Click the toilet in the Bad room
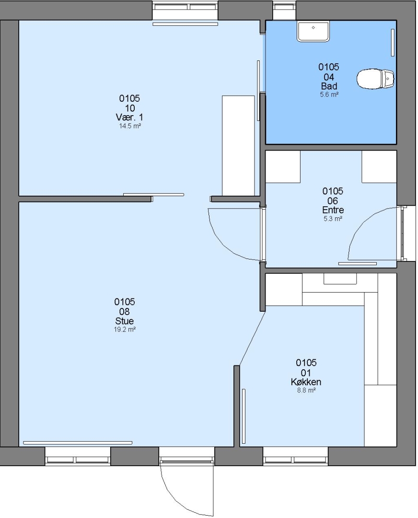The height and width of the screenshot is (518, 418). pos(375,79)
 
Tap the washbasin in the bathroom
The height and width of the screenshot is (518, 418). pos(313,31)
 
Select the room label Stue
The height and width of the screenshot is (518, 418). pos(125,321)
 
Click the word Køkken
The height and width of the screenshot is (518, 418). pos(306,382)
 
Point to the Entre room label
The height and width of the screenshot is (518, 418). pos(333,210)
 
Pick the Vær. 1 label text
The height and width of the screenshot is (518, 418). pos(129,118)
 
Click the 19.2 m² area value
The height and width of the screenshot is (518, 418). pos(125,330)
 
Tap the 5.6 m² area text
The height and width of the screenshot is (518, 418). pos(329,94)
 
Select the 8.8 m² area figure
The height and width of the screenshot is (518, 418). pos(306,390)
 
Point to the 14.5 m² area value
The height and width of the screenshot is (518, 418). pos(130,126)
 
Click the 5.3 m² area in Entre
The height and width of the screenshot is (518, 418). pos(333,218)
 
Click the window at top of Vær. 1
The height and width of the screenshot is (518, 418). pos(185,10)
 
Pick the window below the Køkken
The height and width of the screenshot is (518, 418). pos(295,456)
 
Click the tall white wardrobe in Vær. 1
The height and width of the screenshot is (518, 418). pos(238,146)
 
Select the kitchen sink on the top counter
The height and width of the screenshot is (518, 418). pos(340,279)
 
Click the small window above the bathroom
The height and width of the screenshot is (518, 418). pos(284,10)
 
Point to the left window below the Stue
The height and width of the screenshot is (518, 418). pos(78,456)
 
